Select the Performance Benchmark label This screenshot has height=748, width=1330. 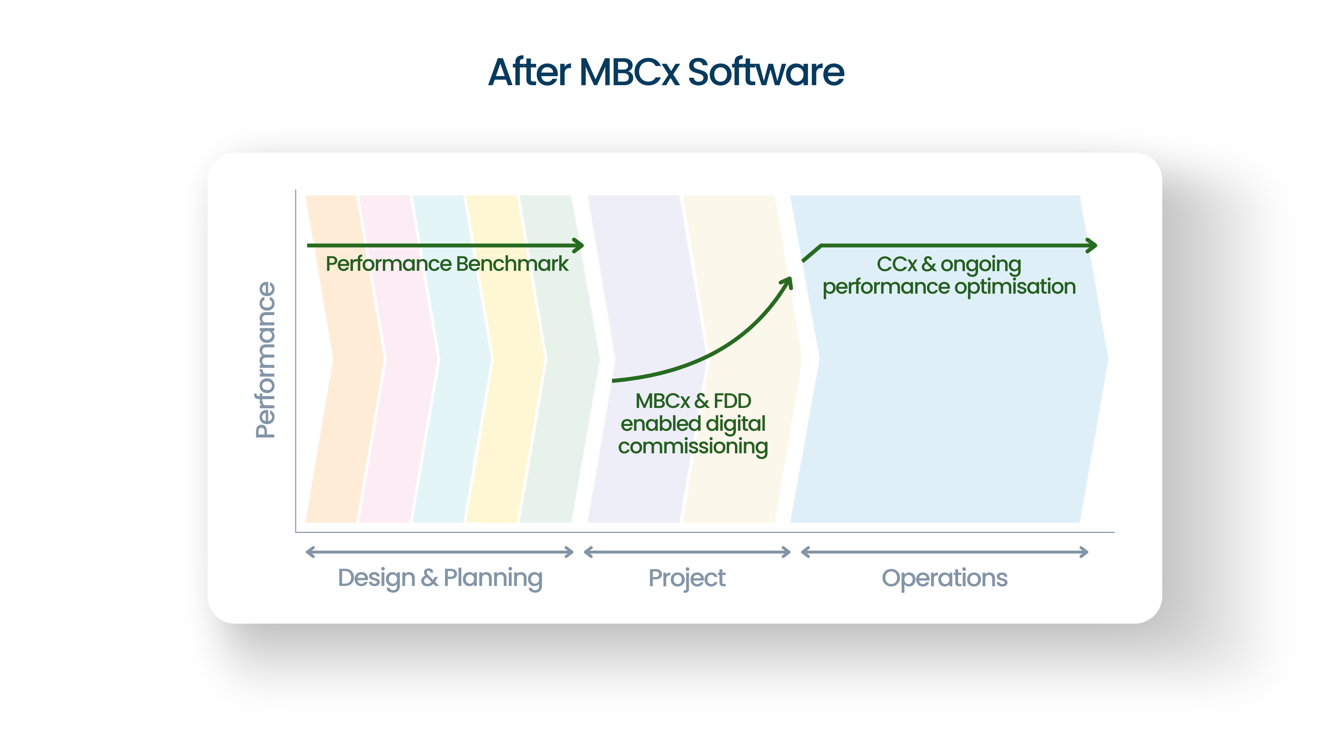tap(446, 264)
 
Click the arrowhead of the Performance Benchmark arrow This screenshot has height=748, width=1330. tap(579, 245)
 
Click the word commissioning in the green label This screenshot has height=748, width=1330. tap(693, 446)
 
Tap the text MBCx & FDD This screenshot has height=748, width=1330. tap(693, 401)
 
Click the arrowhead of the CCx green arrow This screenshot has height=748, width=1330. tap(1092, 245)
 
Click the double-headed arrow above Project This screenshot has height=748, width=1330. tap(687, 552)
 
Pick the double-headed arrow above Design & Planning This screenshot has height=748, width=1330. tap(440, 552)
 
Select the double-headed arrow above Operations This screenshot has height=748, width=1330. tap(944, 552)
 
